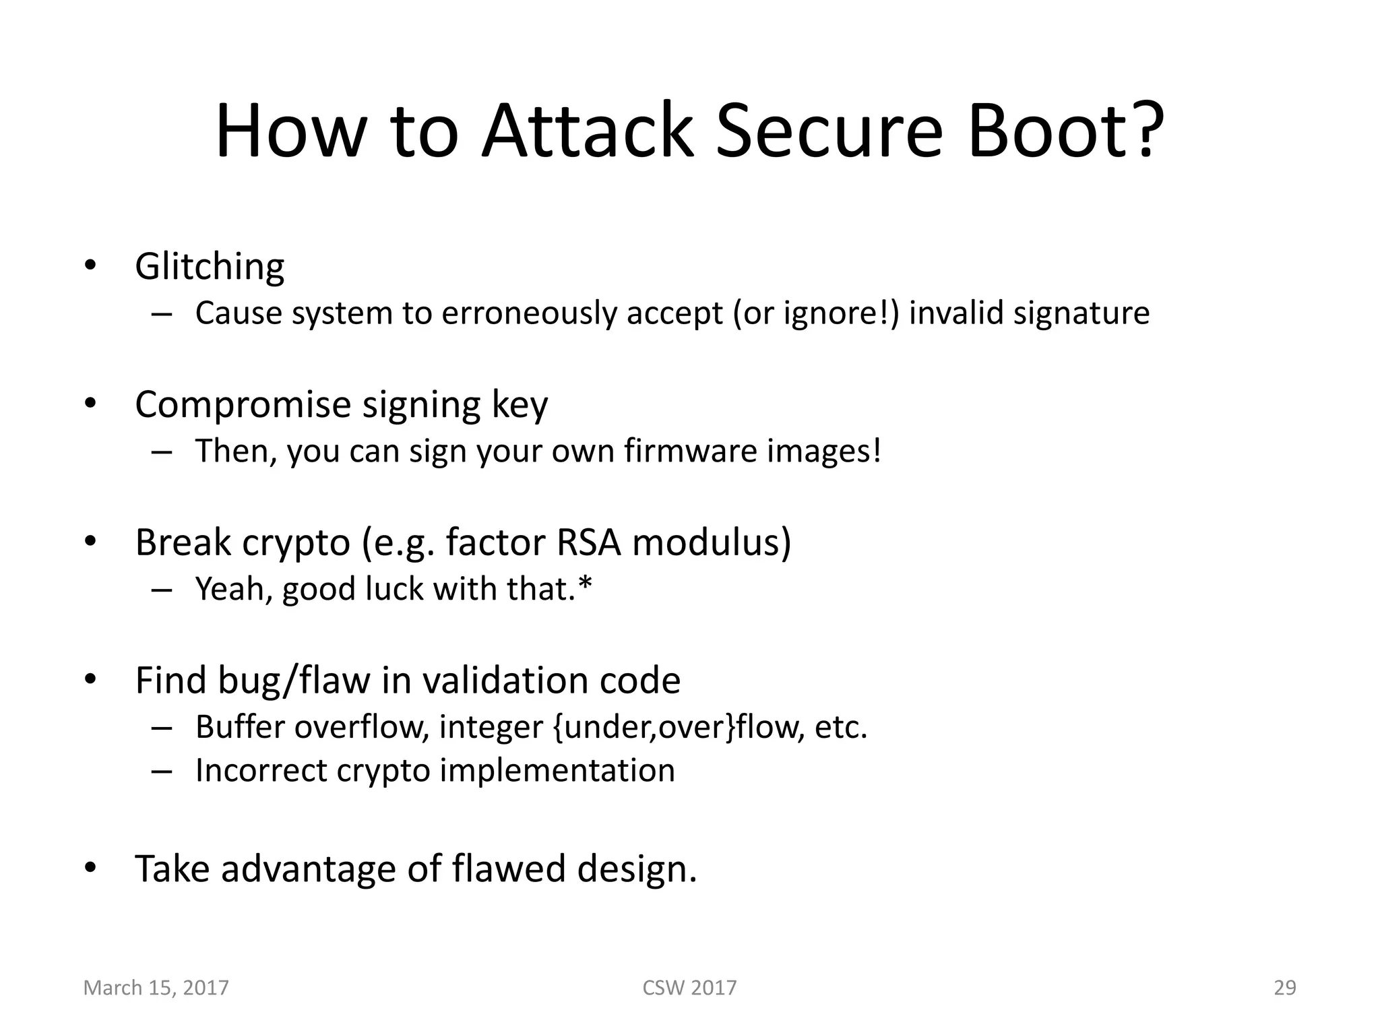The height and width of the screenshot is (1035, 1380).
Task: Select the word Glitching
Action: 210,267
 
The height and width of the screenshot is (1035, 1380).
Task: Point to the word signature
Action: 1081,313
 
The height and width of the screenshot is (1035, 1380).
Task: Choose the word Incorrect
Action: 260,771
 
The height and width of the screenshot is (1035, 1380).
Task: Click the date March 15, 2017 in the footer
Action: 156,988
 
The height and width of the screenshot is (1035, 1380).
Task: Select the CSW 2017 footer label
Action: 689,988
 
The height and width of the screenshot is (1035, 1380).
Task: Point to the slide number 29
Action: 1284,988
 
